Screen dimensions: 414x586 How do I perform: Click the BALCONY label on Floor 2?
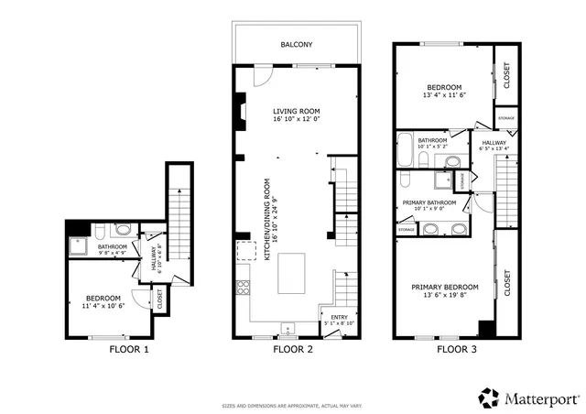(297, 44)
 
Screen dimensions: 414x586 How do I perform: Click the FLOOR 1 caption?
(128, 350)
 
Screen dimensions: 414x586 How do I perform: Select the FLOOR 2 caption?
(293, 350)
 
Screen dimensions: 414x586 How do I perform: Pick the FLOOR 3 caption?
(455, 350)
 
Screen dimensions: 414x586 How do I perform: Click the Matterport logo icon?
(489, 398)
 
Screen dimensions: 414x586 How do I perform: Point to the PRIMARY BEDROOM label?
(444, 287)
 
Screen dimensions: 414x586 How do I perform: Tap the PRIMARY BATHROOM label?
(429, 202)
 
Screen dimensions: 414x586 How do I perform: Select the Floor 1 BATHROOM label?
(113, 245)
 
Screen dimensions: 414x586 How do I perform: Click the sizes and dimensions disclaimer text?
(293, 404)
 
